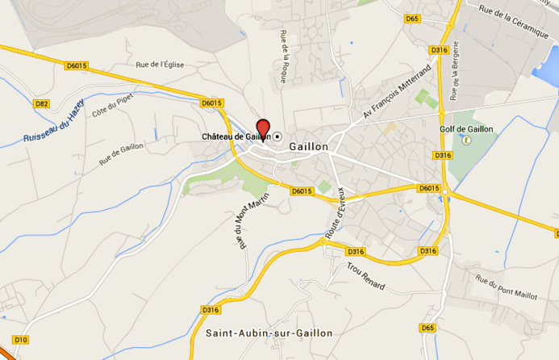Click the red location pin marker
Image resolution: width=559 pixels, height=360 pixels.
tap(262, 129)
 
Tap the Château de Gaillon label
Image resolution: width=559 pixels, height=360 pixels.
tap(234, 136)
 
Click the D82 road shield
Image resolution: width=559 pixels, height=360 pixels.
tap(43, 103)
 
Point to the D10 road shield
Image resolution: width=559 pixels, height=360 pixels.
tap(21, 339)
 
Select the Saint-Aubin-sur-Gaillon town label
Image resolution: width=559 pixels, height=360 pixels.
tap(269, 333)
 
